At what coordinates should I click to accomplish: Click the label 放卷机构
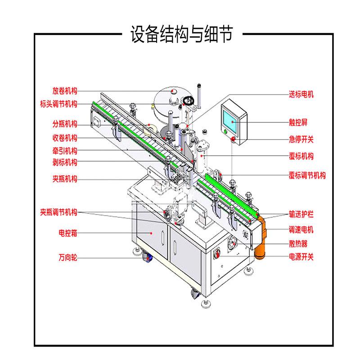[x=65, y=90]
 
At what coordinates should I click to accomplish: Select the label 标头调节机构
[x=58, y=104]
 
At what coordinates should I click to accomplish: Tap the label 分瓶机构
[x=65, y=124]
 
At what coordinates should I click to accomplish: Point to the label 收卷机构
[x=65, y=138]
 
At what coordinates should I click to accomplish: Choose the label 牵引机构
[x=65, y=151]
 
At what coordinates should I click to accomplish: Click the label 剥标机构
[x=65, y=162]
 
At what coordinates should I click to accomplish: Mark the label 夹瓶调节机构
[x=58, y=211]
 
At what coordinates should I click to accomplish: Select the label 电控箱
[x=68, y=234]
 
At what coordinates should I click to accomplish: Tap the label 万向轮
[x=68, y=258]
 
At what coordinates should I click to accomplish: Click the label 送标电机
[x=301, y=94]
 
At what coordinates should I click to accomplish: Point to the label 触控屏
[x=298, y=122]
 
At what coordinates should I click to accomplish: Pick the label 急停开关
[x=301, y=139]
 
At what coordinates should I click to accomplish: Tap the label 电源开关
[x=301, y=257]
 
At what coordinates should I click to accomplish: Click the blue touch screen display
[x=229, y=116]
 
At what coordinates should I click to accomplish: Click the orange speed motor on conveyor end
[x=261, y=238]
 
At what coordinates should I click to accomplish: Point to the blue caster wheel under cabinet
[x=147, y=257]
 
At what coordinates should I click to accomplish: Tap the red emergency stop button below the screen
[x=234, y=139]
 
